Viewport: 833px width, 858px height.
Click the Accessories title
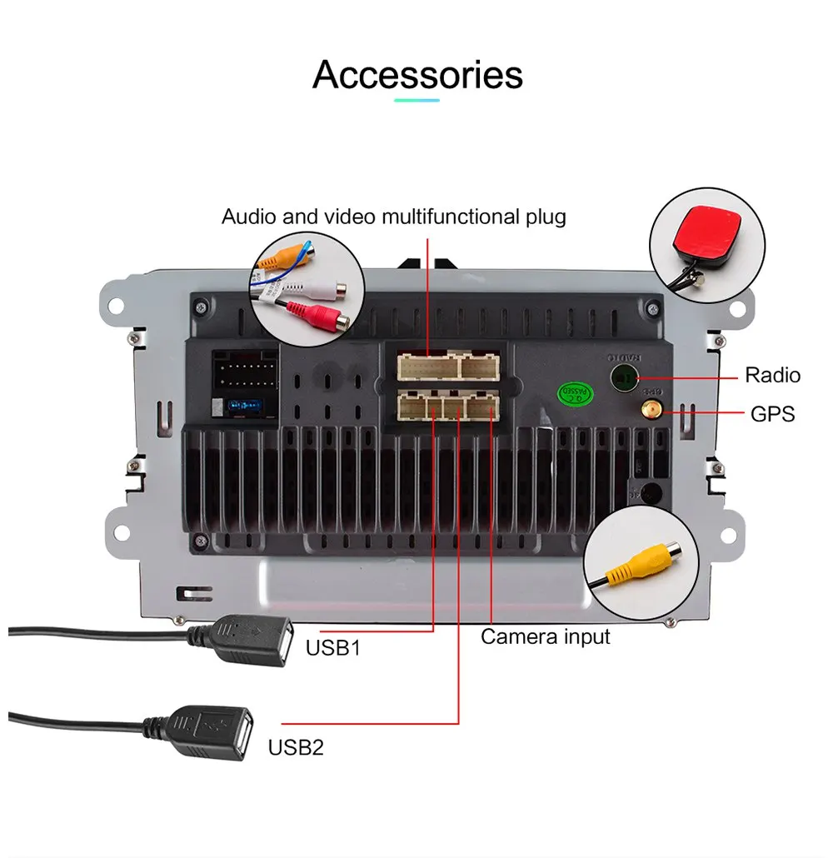417,74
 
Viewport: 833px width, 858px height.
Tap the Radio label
772,376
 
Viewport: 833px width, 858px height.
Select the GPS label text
772,414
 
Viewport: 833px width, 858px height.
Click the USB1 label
332,647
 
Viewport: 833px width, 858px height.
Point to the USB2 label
295,747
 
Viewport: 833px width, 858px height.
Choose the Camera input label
546,637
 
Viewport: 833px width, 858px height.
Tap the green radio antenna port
624,377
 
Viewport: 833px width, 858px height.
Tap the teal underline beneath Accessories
416,101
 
